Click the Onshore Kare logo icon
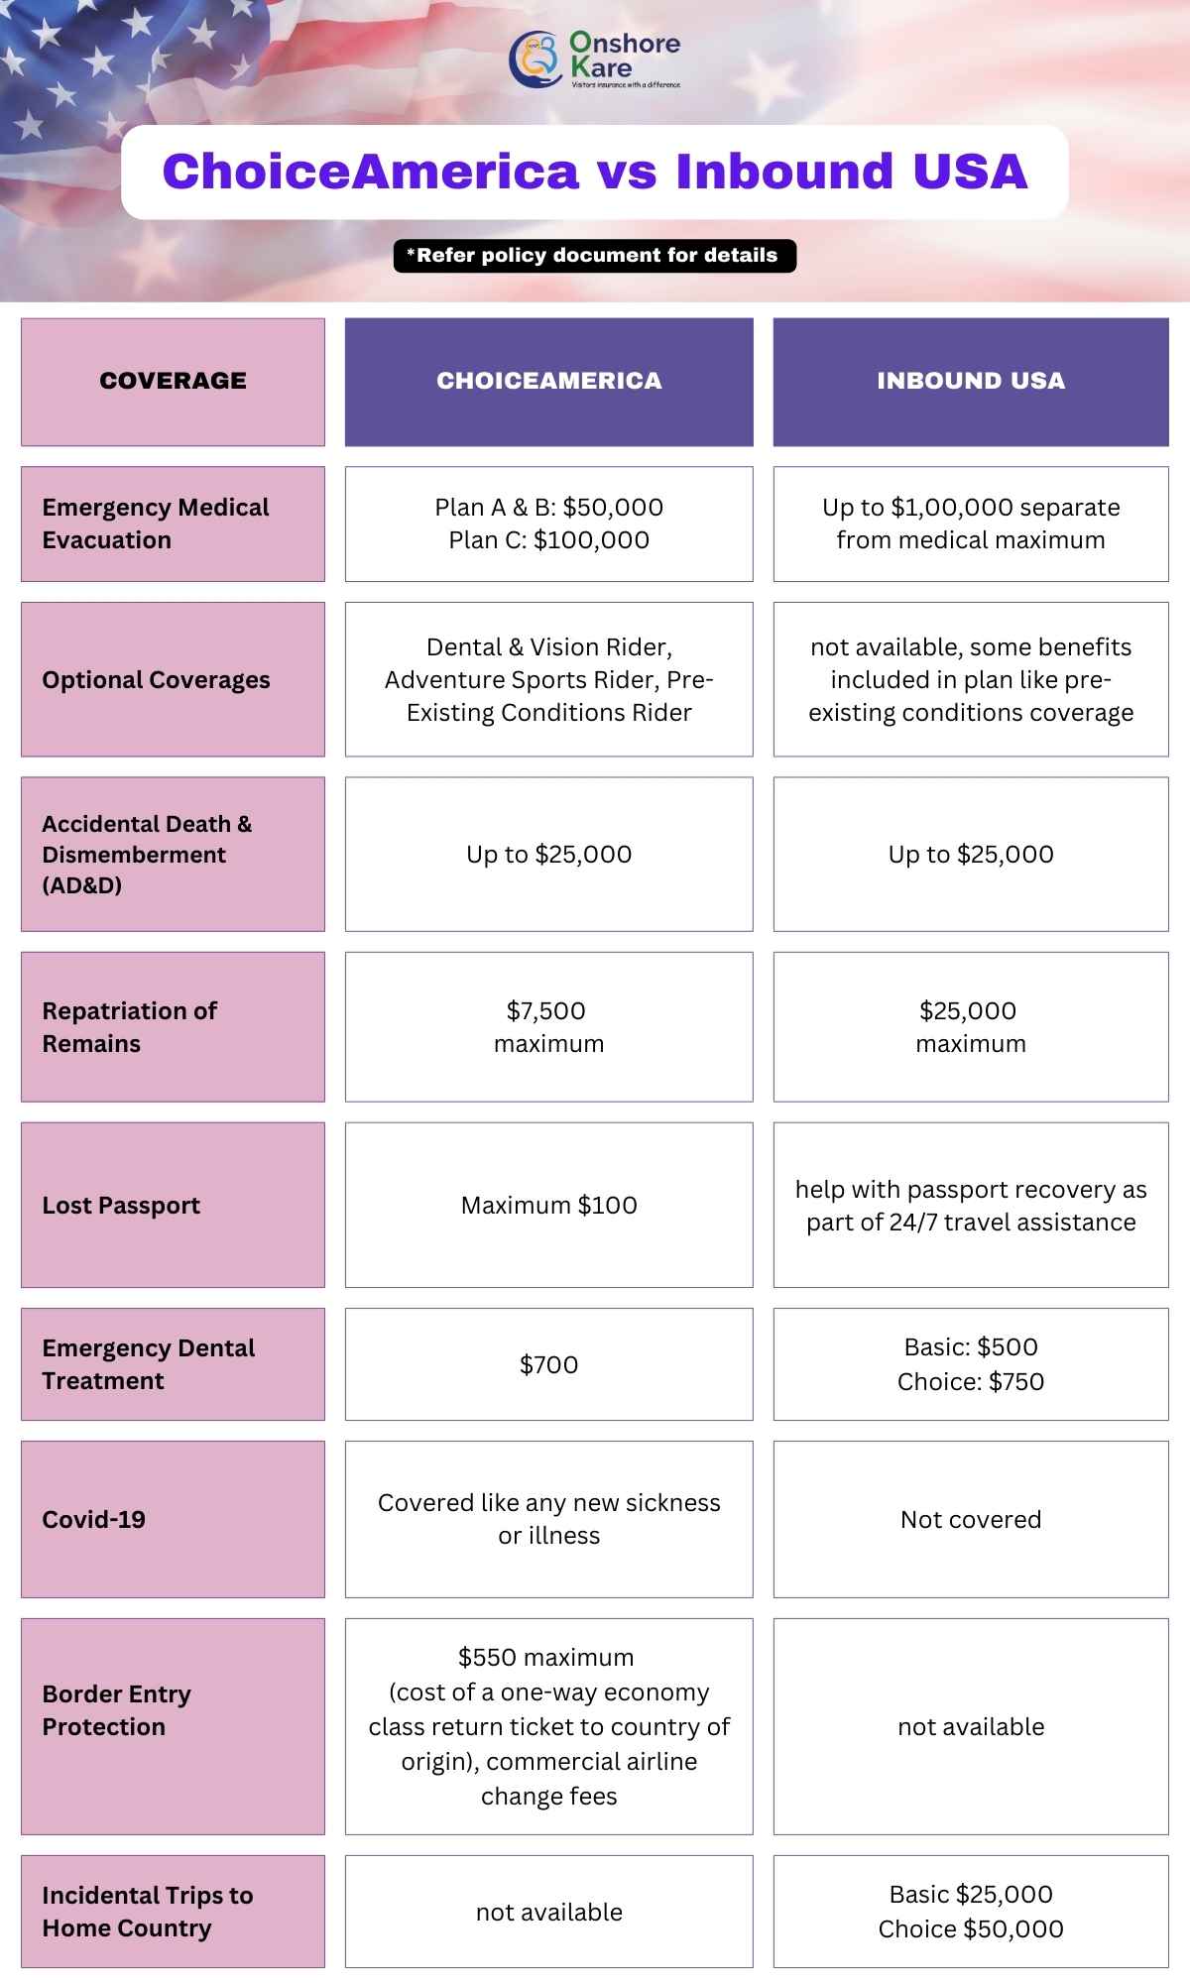pyautogui.click(x=535, y=58)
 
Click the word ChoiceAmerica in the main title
pyautogui.click(x=370, y=172)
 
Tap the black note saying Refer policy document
pyautogui.click(x=595, y=256)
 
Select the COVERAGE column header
pyautogui.click(x=173, y=381)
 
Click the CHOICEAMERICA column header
pyautogui.click(x=548, y=381)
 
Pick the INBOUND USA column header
pyautogui.click(x=970, y=381)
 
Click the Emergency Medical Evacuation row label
pyautogui.click(x=155, y=524)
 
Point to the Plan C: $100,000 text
pyautogui.click(x=548, y=540)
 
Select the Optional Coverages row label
pyautogui.click(x=156, y=680)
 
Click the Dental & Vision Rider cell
pyautogui.click(x=548, y=679)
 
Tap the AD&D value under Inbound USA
pyautogui.click(x=970, y=855)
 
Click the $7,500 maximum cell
pyautogui.click(x=548, y=1027)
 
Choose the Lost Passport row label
pyautogui.click(x=121, y=1206)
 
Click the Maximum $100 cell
pyautogui.click(x=548, y=1206)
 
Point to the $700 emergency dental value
pyautogui.click(x=548, y=1365)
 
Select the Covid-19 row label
pyautogui.click(x=93, y=1520)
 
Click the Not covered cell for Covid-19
pyautogui.click(x=970, y=1520)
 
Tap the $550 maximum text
pyautogui.click(x=545, y=1658)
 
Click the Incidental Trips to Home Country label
pyautogui.click(x=147, y=1912)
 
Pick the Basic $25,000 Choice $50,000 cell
pyautogui.click(x=970, y=1912)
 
